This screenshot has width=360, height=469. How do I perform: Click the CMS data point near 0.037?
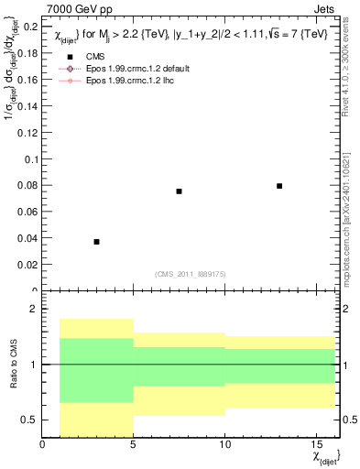pos(96,241)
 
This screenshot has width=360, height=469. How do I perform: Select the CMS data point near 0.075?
pos(179,191)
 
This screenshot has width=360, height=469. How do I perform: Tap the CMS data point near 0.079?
pos(279,186)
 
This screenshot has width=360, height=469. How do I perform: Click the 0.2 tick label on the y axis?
pos(30,27)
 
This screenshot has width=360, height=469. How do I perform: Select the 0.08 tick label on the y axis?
pos(27,185)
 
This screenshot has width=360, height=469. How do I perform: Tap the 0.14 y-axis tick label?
pos(27,106)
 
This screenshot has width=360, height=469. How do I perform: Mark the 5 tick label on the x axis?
pos(134,444)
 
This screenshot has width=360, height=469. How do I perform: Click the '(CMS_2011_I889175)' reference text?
pos(198,272)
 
